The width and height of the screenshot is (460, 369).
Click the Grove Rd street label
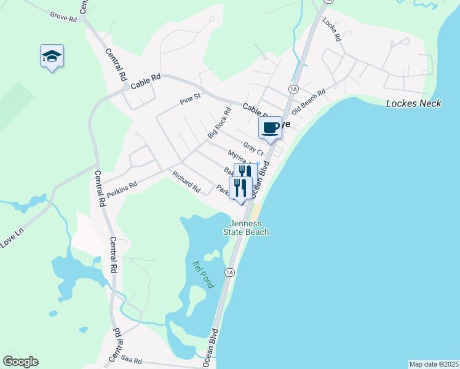pos(63,17)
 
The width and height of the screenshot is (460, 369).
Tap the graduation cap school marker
pos(52,57)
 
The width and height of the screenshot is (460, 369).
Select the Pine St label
pos(190,98)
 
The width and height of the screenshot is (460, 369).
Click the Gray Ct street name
pos(253,148)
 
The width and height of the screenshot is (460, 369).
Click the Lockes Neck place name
pos(414,103)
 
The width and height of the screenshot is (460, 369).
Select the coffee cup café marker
pos(270,129)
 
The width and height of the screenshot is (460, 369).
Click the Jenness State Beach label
pos(250,228)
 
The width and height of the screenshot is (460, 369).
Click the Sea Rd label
pos(132,360)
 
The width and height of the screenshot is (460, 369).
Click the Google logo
pos(20,362)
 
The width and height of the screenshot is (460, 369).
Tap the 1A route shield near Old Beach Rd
pos(293,90)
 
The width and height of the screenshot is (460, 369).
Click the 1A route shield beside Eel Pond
pos(230,272)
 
